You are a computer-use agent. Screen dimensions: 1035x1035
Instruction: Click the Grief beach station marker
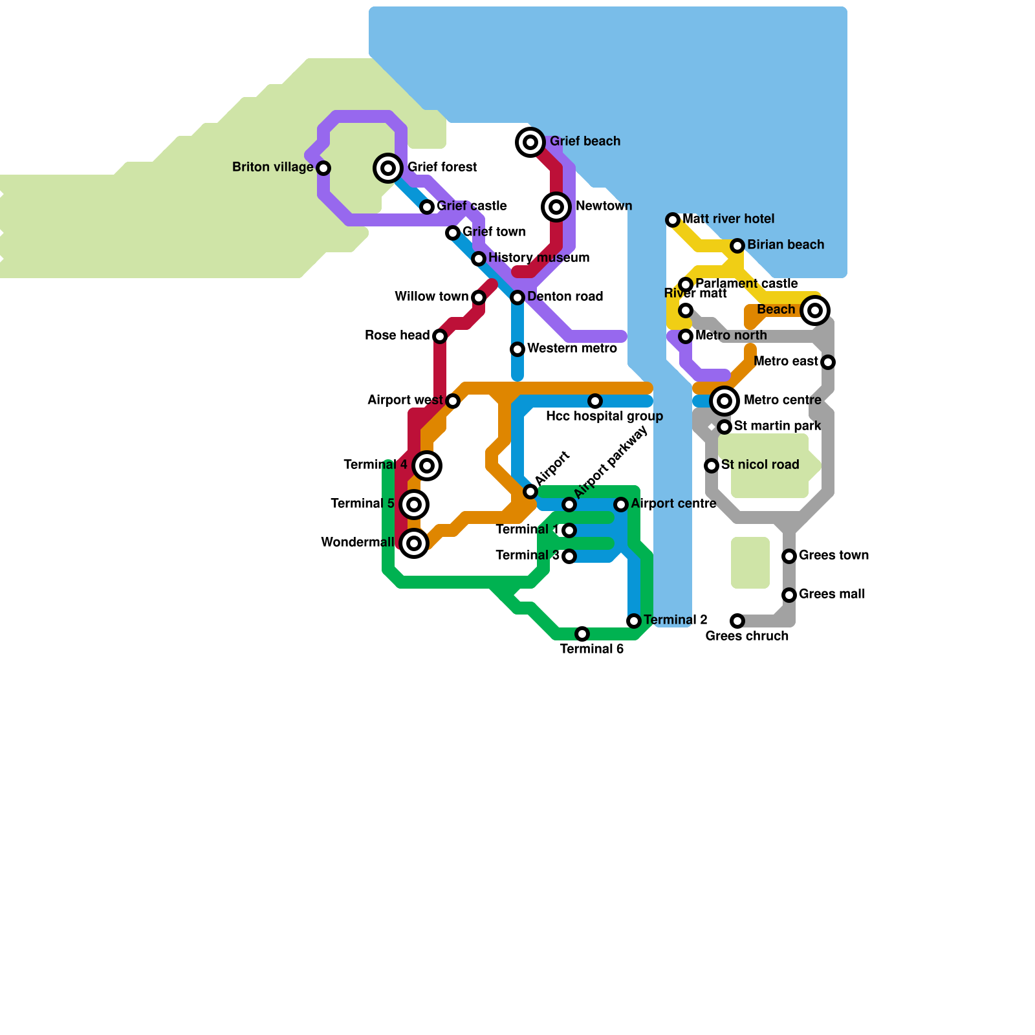pyautogui.click(x=530, y=142)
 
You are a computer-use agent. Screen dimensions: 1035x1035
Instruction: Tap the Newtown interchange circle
pyautogui.click(x=556, y=207)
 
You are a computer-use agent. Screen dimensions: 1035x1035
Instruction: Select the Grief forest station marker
pyautogui.click(x=388, y=168)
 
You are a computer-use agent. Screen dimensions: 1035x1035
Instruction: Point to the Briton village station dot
pyautogui.click(x=323, y=168)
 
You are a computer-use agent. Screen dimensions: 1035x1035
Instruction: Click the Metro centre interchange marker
pyautogui.click(x=724, y=401)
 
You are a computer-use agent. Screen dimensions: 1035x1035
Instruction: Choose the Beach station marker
pyautogui.click(x=815, y=310)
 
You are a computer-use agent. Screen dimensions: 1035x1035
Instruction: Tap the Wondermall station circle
pyautogui.click(x=414, y=543)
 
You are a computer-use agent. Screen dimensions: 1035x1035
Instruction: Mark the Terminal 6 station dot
pyautogui.click(x=582, y=634)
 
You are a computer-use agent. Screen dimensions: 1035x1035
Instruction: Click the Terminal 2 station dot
pyautogui.click(x=634, y=621)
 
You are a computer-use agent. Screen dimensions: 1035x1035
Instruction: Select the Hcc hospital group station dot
pyautogui.click(x=595, y=401)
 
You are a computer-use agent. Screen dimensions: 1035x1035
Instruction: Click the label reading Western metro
pyautogui.click(x=572, y=349)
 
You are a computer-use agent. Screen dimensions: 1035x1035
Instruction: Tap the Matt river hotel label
pyautogui.click(x=728, y=219)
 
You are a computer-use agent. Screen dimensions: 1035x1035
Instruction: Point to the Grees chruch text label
pyautogui.click(x=747, y=637)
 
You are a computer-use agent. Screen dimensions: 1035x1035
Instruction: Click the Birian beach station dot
pyautogui.click(x=737, y=246)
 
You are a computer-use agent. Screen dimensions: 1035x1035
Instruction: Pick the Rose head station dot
pyautogui.click(x=440, y=336)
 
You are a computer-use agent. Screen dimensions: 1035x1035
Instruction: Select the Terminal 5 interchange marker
pyautogui.click(x=414, y=505)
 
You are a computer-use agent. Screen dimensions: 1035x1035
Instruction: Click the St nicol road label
pyautogui.click(x=760, y=465)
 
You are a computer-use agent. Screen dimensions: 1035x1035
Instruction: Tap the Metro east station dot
pyautogui.click(x=828, y=362)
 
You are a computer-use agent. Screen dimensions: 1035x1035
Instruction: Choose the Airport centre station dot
pyautogui.click(x=621, y=505)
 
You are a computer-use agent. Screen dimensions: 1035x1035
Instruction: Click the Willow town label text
pyautogui.click(x=431, y=297)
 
